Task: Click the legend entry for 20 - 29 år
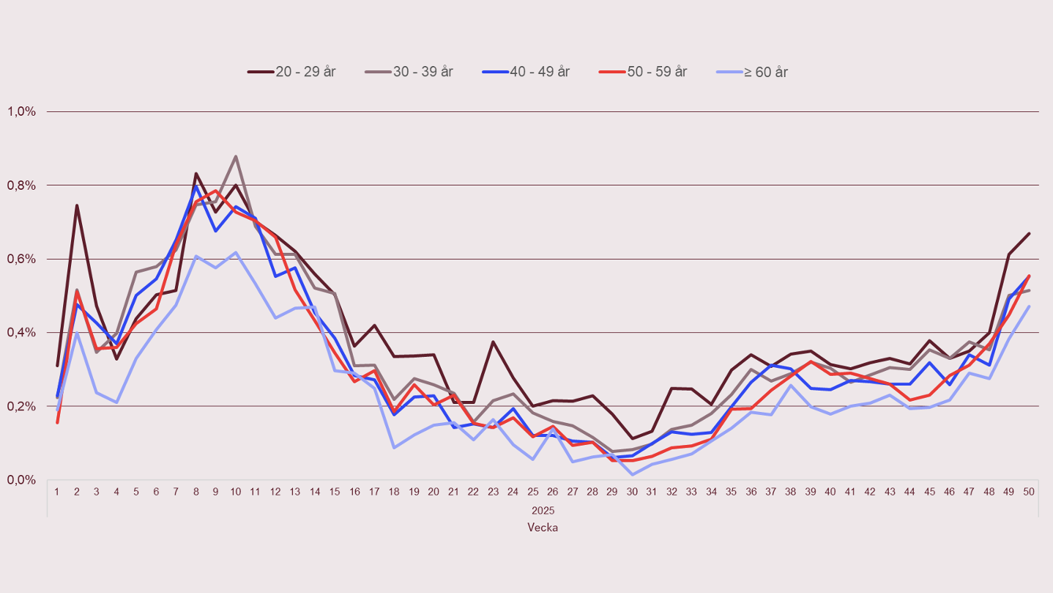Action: pos(291,72)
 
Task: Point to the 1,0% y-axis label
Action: pos(22,111)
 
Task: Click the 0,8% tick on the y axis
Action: pos(22,185)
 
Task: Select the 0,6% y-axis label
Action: pos(22,259)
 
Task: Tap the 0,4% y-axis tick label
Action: pos(22,333)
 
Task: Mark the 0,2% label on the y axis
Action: pos(22,406)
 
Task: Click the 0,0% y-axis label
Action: pos(22,479)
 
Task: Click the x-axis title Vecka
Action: pos(543,527)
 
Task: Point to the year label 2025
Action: pos(543,510)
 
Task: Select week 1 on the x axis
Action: pos(57,492)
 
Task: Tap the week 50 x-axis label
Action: pos(1029,492)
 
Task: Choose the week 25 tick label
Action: pos(533,492)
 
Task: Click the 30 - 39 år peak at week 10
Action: pos(235,156)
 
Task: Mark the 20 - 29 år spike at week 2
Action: pos(77,205)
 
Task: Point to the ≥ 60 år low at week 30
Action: pos(632,474)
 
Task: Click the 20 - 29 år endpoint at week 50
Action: pos(1029,234)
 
